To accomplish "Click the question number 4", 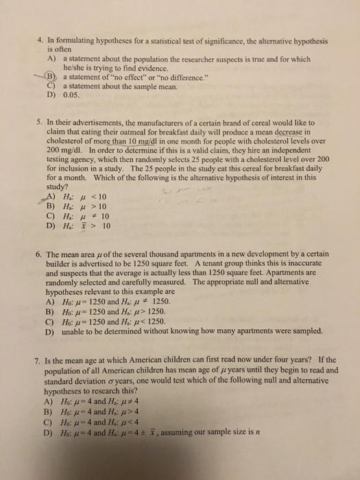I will point(40,40).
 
